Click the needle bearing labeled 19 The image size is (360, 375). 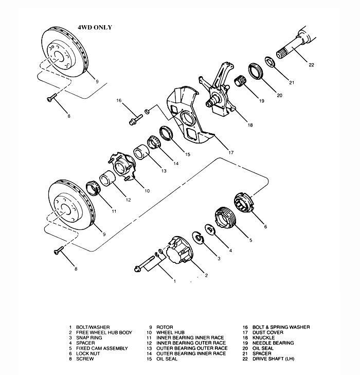click(241, 81)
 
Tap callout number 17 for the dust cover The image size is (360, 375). click(231, 152)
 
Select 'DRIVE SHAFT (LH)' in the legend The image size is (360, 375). click(273, 358)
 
